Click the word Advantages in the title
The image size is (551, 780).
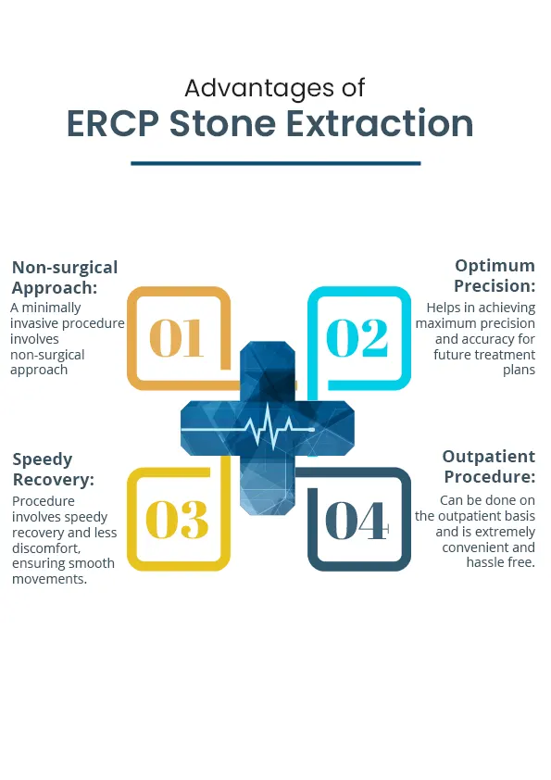point(259,89)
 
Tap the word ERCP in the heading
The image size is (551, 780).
point(113,123)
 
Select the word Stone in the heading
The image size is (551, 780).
point(222,123)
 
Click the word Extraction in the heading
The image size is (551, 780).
point(380,123)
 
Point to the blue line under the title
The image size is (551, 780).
point(276,163)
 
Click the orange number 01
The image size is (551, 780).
point(177,338)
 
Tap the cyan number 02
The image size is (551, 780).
point(357,338)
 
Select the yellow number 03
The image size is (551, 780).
point(177,520)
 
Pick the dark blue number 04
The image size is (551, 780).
point(357,521)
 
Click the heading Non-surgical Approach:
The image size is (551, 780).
point(65,278)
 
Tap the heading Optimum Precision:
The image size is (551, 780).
point(495,275)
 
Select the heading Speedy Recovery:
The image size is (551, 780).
point(53,469)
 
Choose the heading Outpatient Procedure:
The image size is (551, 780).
point(489,467)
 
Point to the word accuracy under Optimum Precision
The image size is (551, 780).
point(485,339)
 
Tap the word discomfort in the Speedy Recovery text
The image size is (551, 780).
point(46,548)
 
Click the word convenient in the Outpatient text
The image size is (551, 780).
point(474,547)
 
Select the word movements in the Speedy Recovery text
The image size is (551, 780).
point(49,579)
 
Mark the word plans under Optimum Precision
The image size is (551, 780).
point(520,371)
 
